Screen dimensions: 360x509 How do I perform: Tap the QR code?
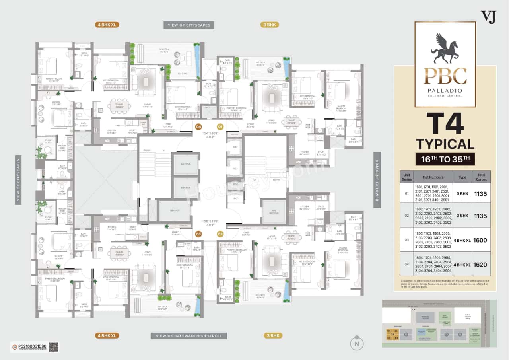click(x=54, y=347)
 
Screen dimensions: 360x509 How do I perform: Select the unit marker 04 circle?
click(x=198, y=127)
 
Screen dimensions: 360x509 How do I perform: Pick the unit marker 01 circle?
click(x=220, y=127)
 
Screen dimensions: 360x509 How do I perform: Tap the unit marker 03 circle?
click(x=198, y=234)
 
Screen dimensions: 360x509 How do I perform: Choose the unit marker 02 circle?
click(x=220, y=234)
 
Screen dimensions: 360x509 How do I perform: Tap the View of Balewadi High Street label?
click(x=188, y=336)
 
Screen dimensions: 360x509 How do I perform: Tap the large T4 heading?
click(x=445, y=124)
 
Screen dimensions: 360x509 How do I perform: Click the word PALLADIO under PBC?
click(x=445, y=90)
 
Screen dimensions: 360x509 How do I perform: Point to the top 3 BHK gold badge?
click(x=270, y=25)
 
